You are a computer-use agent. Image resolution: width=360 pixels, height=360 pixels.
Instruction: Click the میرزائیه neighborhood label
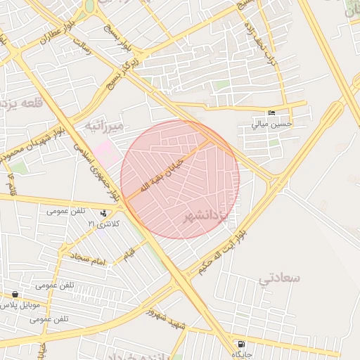click(x=103, y=126)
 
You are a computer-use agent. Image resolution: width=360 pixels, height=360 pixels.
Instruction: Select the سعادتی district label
click(x=279, y=278)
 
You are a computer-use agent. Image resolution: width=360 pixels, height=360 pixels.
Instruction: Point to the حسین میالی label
click(x=271, y=124)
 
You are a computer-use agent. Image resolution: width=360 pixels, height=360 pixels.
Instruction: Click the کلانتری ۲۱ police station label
click(x=104, y=223)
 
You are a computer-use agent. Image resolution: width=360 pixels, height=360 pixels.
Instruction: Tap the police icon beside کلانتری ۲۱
click(x=104, y=213)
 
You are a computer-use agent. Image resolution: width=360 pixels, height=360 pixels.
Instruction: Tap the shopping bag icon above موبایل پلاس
click(x=15, y=295)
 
